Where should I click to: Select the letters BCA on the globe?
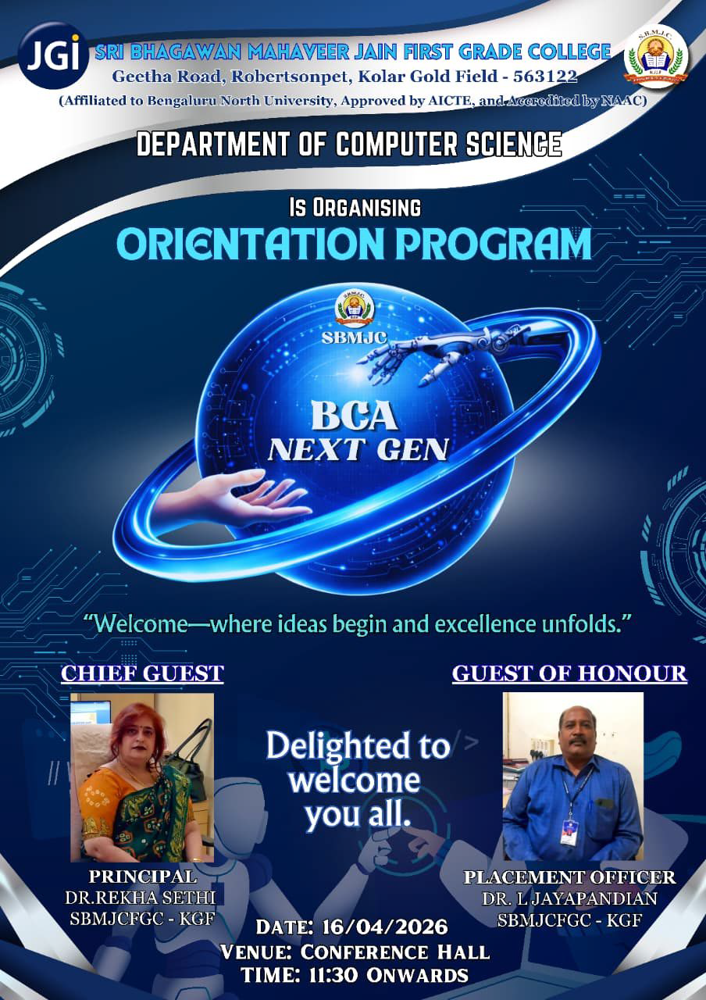pos(355,416)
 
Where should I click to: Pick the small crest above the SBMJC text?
pos(355,308)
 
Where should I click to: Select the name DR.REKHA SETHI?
pos(140,898)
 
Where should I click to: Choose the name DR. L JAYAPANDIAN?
pos(570,898)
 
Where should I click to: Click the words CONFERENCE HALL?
pos(395,952)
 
